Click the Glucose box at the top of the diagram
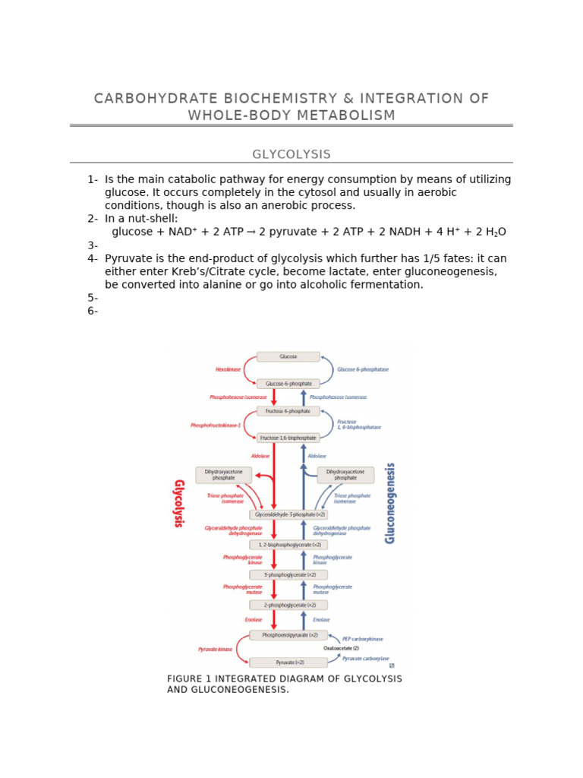(288, 356)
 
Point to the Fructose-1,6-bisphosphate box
(288, 438)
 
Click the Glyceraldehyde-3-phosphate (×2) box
(288, 514)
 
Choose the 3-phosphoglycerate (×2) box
(288, 574)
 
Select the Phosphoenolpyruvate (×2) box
(288, 634)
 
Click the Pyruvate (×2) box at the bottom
(288, 663)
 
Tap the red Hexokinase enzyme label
(228, 370)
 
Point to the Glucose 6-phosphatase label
(363, 370)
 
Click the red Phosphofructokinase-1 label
(216, 425)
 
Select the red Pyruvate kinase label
(215, 650)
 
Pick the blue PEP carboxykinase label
(363, 640)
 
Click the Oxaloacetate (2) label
(341, 649)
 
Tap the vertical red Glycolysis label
(180, 503)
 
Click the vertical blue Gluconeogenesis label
(390, 503)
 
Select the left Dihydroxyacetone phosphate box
(223, 475)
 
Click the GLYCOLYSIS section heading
(291, 154)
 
